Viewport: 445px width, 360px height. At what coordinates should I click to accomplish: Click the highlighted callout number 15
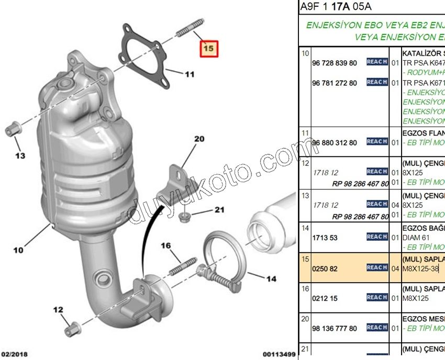tap(208, 48)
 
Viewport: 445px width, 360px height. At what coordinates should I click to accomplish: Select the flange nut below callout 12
tap(72, 330)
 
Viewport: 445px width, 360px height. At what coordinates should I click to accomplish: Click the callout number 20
tap(199, 139)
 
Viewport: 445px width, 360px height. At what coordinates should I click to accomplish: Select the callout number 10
tap(18, 250)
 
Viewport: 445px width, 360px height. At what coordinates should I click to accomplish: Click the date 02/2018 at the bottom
tap(14, 354)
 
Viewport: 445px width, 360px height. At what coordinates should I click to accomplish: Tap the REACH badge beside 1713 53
tap(377, 237)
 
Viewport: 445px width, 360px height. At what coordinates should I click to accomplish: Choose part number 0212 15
tap(325, 298)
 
